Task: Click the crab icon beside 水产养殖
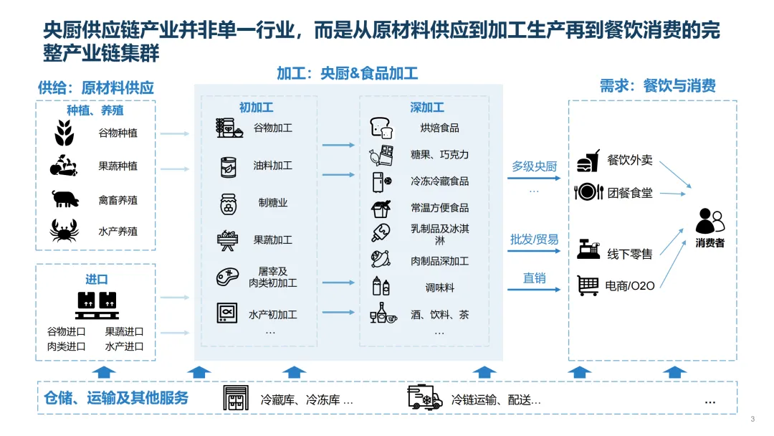coord(64,231)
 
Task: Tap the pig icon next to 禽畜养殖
coord(64,199)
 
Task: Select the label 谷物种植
coord(118,133)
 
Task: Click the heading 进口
coord(96,279)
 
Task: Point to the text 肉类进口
coord(67,346)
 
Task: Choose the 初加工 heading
coord(256,108)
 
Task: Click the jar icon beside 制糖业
coord(229,204)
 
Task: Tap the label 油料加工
coord(272,166)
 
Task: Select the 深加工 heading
coord(427,108)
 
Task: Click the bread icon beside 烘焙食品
coord(381,128)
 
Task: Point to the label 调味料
coord(440,288)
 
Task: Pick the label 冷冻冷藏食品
coord(440,181)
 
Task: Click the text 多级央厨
coord(534,166)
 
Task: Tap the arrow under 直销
coord(533,290)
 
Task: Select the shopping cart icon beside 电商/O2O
coord(588,285)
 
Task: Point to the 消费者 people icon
coord(709,220)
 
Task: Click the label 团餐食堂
coord(630,193)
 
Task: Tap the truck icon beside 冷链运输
coord(424,397)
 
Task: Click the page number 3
coord(752,420)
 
